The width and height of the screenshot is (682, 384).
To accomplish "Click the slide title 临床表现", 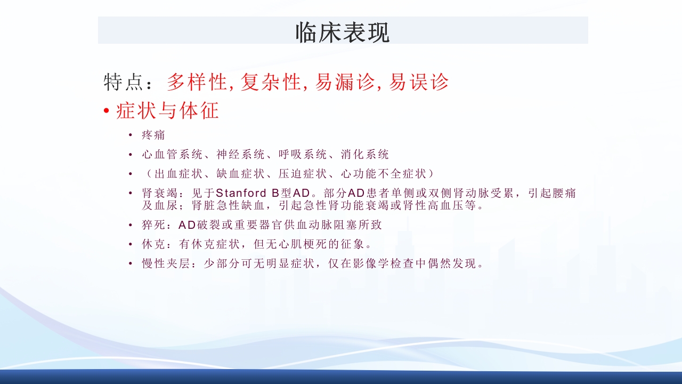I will [343, 32].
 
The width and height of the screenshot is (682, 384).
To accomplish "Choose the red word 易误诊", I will [419, 82].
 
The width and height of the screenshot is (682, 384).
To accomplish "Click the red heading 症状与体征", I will [167, 111].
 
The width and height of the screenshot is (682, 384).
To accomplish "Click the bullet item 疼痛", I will [153, 135].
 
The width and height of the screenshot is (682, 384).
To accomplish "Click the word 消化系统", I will [365, 155].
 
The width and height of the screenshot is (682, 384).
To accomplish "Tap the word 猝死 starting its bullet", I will [154, 225].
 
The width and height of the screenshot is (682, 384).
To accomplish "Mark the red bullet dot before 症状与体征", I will [107, 111].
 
